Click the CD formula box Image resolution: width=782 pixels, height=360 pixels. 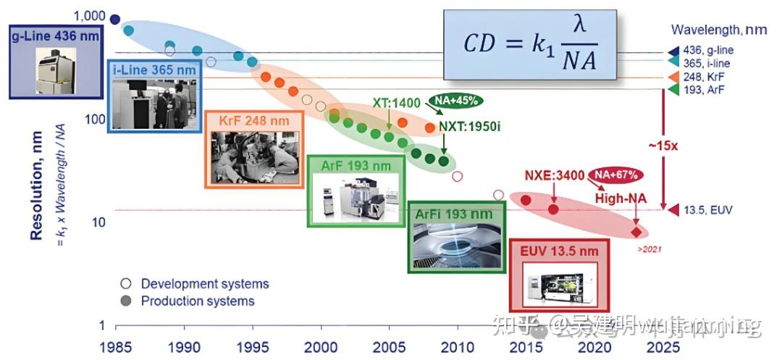pos(529,45)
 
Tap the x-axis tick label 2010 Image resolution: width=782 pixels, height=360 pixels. pos(457,347)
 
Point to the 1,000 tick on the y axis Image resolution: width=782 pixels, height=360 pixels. pos(90,16)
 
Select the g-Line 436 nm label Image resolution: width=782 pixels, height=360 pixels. pos(55,35)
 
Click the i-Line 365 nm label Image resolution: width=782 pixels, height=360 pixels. pos(155,70)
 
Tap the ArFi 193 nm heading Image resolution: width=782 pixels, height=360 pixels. pos(454,214)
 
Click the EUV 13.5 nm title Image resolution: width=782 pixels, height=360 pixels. pos(560,251)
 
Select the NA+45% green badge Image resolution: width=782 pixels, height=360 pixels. pos(456,100)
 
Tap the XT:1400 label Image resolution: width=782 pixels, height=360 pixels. pos(396,103)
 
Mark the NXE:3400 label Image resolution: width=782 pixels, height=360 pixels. pos(555,175)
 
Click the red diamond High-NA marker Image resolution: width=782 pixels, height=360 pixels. pos(636,233)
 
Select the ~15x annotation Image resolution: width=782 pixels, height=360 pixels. pos(663,145)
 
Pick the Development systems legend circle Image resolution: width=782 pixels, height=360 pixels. pos(126,283)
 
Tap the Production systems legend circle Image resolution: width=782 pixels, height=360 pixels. pos(126,301)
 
